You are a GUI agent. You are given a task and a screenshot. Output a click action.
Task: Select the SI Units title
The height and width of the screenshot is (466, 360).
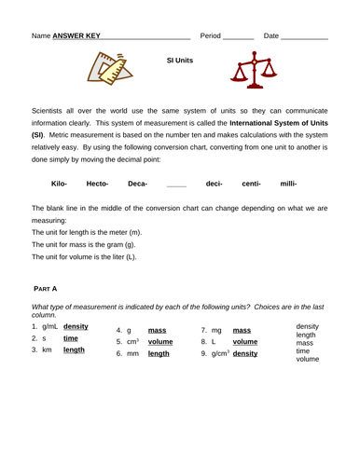click(x=179, y=60)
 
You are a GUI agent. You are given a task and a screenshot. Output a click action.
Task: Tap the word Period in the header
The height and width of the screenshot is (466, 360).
click(x=211, y=35)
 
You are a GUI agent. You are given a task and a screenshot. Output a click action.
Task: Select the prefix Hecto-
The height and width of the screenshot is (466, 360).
click(x=97, y=184)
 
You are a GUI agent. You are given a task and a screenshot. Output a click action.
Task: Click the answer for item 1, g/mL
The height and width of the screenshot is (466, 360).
click(x=76, y=327)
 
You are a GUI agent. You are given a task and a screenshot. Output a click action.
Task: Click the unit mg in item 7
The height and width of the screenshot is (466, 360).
click(x=216, y=330)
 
